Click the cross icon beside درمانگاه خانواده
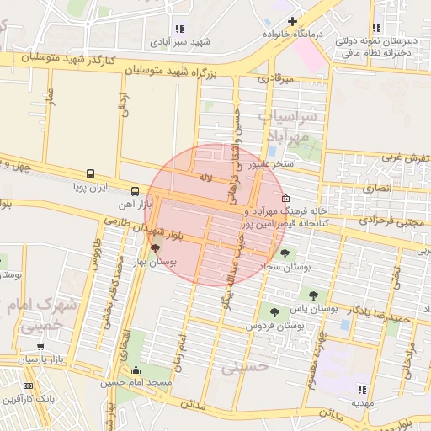292,21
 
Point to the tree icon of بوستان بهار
155,247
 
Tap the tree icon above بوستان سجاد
285,252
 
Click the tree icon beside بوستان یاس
314,295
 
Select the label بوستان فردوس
274,325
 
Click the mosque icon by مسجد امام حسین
136,369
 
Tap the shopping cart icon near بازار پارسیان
40,346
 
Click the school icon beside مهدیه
362,389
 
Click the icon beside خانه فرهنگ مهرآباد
285,199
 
